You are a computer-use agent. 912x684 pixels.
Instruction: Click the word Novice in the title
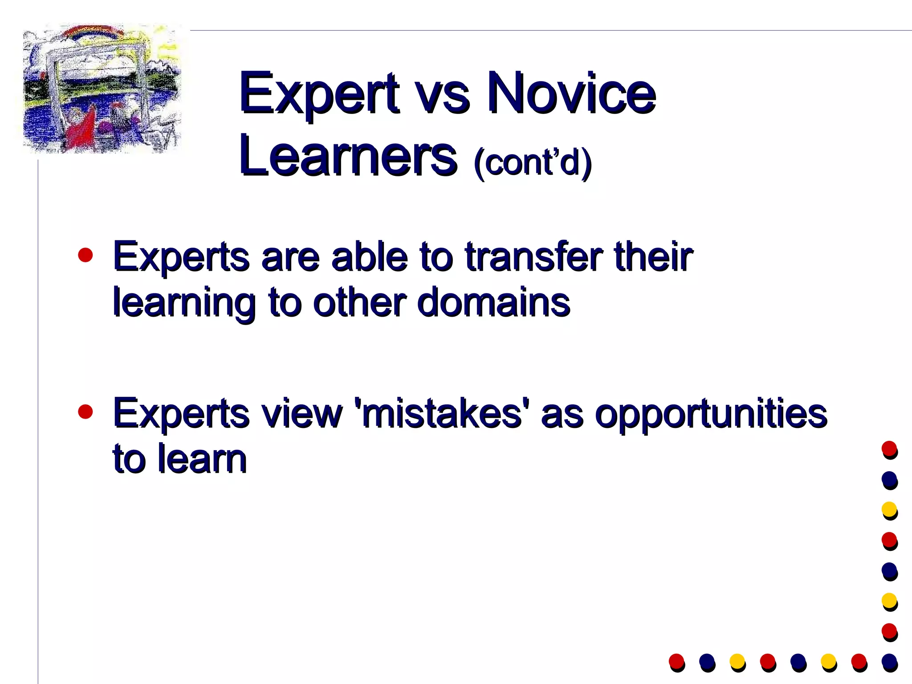click(571, 94)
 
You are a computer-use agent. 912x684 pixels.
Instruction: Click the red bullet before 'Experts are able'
click(85, 255)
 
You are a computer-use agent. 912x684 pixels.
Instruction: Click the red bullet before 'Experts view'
click(85, 412)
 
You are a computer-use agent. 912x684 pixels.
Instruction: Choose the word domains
click(493, 303)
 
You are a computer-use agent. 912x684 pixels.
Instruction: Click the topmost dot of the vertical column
click(889, 449)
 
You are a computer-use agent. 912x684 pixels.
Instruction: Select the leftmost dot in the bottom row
click(676, 662)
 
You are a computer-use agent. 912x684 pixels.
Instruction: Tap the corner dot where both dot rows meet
click(889, 662)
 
